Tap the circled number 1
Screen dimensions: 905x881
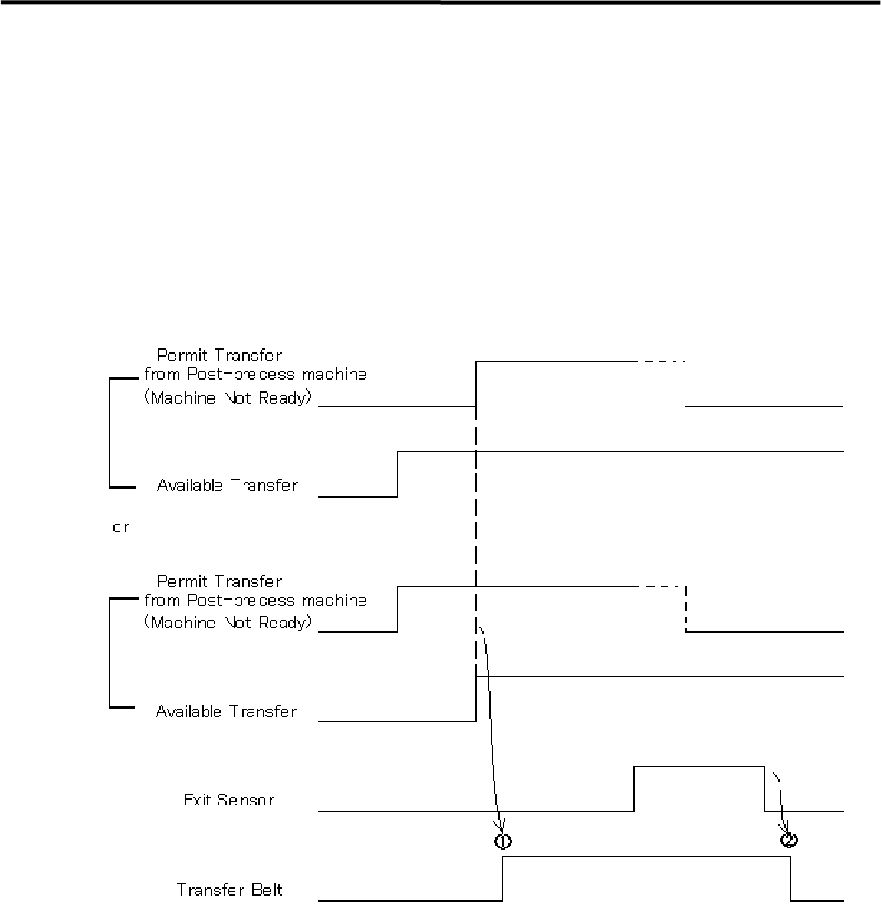coord(503,840)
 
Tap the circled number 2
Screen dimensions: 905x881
coord(789,840)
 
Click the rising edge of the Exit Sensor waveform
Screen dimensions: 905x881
coord(634,788)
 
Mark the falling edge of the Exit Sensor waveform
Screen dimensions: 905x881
coord(765,788)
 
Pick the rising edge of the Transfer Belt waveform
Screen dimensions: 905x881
coord(503,879)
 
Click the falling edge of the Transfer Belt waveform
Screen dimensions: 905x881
coord(791,879)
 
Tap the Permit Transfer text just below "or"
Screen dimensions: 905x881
coord(219,579)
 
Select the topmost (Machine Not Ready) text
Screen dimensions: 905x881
coord(227,400)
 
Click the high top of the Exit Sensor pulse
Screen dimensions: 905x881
coord(699,767)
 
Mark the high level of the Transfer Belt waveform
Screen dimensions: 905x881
coord(646,856)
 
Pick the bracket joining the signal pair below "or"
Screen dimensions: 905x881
coord(110,652)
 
